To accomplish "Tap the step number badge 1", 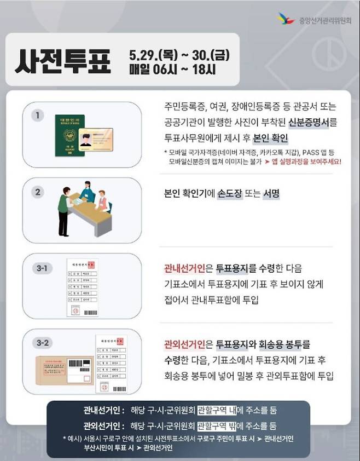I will point(37,116).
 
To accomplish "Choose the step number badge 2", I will point(37,192).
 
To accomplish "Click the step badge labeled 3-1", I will point(41,268).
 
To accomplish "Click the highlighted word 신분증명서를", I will point(312,121).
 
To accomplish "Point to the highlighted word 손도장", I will point(232,194).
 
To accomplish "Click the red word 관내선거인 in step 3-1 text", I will point(184,269).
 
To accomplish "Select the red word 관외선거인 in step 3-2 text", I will point(184,345).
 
